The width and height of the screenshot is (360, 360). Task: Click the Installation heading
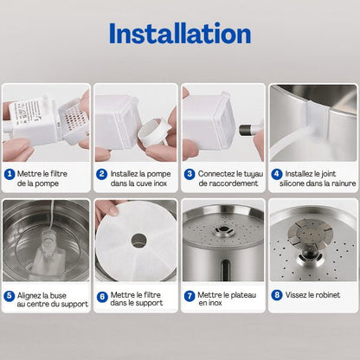(180, 34)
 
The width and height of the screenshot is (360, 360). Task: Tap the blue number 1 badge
(10, 174)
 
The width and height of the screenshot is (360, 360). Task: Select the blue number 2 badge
(101, 174)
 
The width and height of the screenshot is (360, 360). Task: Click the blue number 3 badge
(190, 174)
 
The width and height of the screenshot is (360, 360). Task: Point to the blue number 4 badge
(277, 174)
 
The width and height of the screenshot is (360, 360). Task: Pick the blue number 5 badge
(10, 296)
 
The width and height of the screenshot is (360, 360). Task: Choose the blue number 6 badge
(102, 297)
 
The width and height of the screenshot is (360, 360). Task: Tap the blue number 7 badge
(190, 296)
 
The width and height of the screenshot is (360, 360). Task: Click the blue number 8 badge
(277, 295)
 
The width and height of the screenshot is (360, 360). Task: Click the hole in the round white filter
(139, 241)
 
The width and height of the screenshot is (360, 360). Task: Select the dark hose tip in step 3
(245, 131)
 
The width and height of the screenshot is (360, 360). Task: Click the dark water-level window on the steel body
(225, 270)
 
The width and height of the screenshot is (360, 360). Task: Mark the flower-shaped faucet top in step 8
(309, 233)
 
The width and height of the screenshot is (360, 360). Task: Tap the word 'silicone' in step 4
(292, 183)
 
